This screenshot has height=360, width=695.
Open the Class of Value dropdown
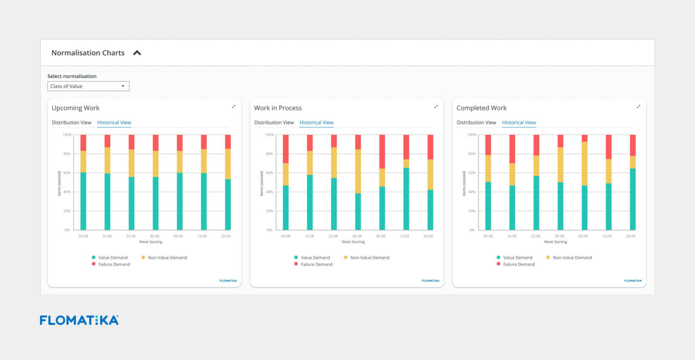(88, 86)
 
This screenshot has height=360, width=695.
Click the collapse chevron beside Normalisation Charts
(137, 53)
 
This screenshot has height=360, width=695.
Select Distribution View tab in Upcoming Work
(72, 122)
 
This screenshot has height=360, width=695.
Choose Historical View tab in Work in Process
(316, 122)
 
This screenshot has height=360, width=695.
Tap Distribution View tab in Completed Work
(476, 122)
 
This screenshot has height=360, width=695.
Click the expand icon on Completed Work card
(638, 107)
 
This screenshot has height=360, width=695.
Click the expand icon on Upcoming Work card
(233, 107)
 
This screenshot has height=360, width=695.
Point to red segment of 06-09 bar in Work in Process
(382, 151)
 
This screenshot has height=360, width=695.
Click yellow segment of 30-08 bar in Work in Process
(358, 171)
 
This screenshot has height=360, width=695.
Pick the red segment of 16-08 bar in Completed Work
(512, 149)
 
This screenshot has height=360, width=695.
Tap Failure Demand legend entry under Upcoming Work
(114, 264)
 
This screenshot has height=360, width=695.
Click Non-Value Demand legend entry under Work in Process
(370, 258)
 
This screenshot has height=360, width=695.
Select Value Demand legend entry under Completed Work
(517, 258)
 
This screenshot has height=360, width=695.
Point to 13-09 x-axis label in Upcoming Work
(202, 236)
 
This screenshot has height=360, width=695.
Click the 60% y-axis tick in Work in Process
(269, 173)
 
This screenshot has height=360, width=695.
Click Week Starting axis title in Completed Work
(555, 242)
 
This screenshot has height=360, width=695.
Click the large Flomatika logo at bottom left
(79, 320)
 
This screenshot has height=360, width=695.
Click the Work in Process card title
(278, 108)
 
